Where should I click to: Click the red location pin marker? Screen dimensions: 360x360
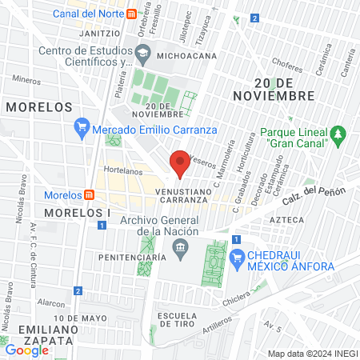click(180, 162)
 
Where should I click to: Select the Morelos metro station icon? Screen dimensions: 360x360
click(90, 195)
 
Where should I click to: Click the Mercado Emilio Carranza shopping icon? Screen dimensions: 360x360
click(81, 126)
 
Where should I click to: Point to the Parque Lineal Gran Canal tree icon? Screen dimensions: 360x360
click(338, 132)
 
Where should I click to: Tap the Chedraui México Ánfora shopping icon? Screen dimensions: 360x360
click(236, 258)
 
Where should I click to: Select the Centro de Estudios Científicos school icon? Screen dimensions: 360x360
click(142, 54)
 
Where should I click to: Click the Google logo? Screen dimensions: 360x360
click(26, 350)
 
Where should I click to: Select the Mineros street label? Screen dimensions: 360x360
click(26, 80)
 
